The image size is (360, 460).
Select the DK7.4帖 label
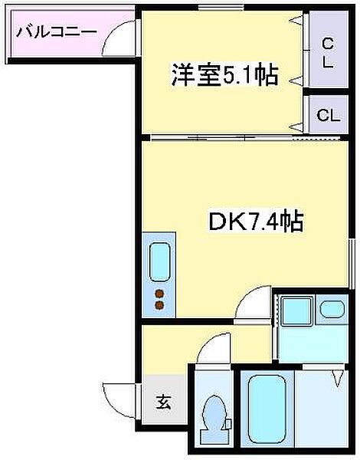pyautogui.click(x=255, y=222)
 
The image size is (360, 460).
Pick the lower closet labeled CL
pyautogui.click(x=328, y=116)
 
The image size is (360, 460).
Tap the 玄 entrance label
pyautogui.click(x=164, y=400)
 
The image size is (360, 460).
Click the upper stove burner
pyautogui.click(x=160, y=294)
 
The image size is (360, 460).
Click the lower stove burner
pyautogui.click(x=160, y=305)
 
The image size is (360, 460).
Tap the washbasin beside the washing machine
pyautogui.click(x=332, y=311)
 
